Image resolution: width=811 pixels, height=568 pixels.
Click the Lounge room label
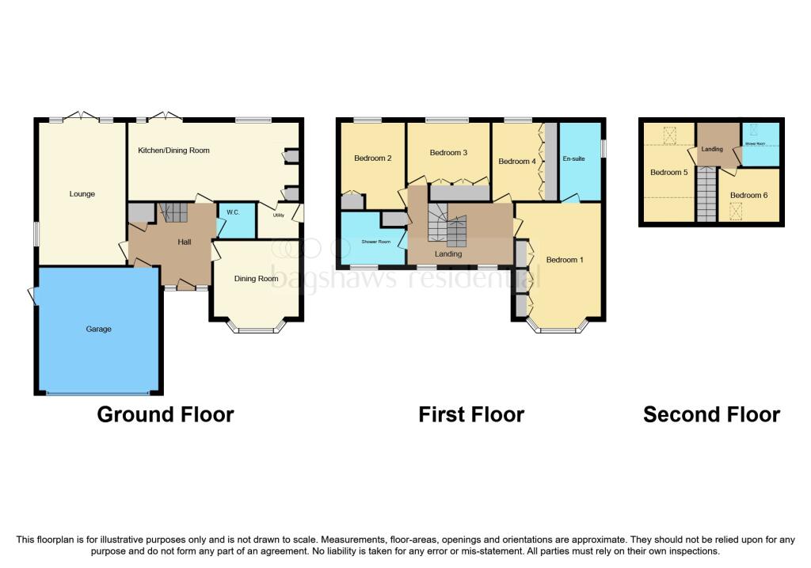82,194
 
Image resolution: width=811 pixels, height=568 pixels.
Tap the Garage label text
98,329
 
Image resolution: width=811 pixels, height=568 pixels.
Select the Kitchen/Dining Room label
173,151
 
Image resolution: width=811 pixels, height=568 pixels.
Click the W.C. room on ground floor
233,212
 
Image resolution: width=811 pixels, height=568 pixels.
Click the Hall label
185,242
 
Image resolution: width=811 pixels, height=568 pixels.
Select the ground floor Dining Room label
256,279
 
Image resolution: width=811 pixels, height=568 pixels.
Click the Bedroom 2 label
373,158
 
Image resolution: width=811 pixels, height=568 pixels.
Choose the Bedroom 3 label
449,153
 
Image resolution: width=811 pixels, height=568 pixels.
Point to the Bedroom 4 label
517,162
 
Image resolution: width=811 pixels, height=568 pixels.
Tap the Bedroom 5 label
669,173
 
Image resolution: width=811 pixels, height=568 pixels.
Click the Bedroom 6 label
748,195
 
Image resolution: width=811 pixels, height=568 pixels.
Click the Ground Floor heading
165,414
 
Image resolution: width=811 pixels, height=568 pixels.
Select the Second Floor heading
711,414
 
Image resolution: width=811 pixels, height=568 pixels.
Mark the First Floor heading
471,414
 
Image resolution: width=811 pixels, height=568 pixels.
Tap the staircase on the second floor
706,197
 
